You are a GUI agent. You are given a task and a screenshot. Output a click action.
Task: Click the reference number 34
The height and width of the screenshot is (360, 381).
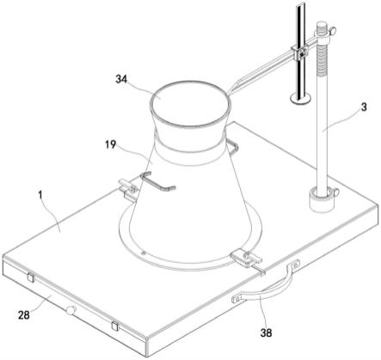click(x=121, y=79)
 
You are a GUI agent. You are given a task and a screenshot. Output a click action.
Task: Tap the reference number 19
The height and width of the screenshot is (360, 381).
click(x=110, y=144)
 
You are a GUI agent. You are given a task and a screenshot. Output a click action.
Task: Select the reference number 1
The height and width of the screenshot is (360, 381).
click(x=40, y=195)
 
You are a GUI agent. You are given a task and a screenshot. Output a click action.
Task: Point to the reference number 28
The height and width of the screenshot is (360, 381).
click(x=24, y=315)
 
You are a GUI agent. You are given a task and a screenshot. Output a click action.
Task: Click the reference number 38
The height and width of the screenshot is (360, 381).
click(x=266, y=333)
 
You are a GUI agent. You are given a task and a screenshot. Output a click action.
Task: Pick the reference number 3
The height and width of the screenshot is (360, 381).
click(x=363, y=107)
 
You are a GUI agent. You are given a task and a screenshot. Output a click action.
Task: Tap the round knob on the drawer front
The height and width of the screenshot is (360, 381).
click(x=71, y=310)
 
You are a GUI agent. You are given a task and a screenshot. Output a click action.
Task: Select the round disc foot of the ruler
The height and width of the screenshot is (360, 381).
click(x=300, y=98)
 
